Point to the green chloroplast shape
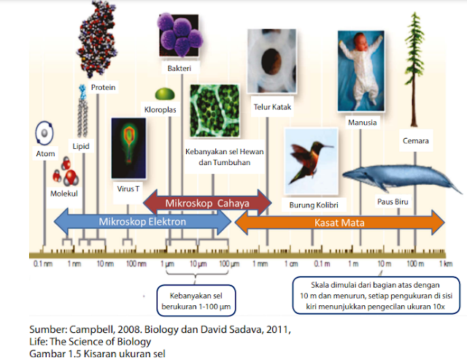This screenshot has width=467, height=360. (165, 95)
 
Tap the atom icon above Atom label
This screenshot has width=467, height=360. (45, 133)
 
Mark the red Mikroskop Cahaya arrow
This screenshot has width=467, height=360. (207, 202)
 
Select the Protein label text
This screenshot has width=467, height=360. (104, 87)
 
